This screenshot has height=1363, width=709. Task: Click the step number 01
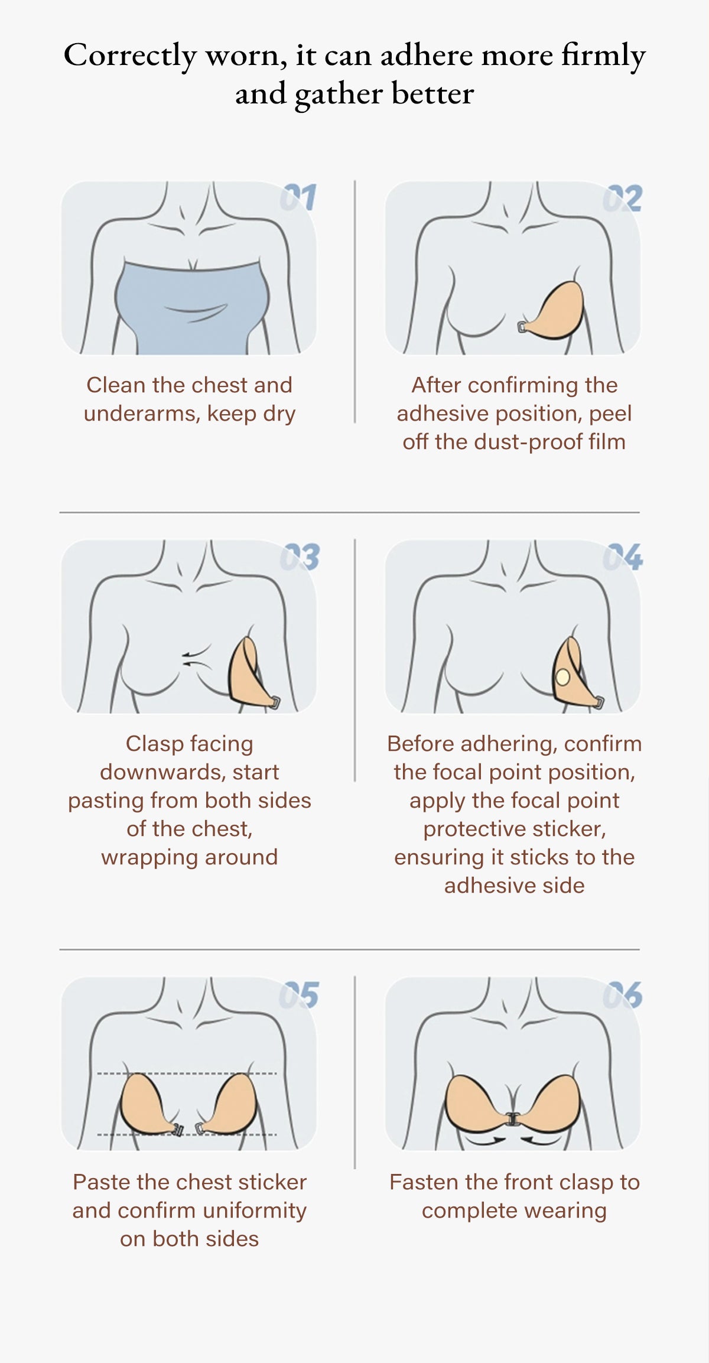[298, 197]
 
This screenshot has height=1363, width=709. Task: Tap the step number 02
[622, 198]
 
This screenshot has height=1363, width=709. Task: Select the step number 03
[300, 557]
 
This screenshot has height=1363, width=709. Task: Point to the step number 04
[623, 557]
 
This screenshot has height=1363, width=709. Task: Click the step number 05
[299, 995]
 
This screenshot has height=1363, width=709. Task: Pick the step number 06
[623, 995]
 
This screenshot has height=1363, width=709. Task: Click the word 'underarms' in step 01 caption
[141, 414]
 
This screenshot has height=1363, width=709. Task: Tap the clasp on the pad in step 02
[523, 327]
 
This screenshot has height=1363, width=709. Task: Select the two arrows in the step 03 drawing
[196, 657]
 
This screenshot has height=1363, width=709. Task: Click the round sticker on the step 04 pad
[562, 676]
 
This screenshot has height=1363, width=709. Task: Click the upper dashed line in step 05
[187, 1073]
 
